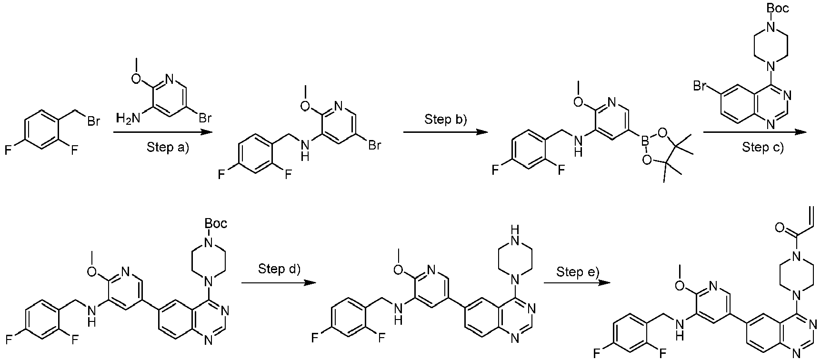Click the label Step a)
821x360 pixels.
click(x=168, y=148)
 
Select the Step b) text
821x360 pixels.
click(x=445, y=119)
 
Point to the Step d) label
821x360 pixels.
click(x=279, y=269)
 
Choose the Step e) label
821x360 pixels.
click(x=578, y=272)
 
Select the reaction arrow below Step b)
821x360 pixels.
click(x=445, y=133)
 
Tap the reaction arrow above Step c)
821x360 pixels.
click(x=755, y=133)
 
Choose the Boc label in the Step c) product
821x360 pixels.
click(x=215, y=223)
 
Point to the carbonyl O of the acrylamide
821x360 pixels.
click(x=779, y=228)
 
